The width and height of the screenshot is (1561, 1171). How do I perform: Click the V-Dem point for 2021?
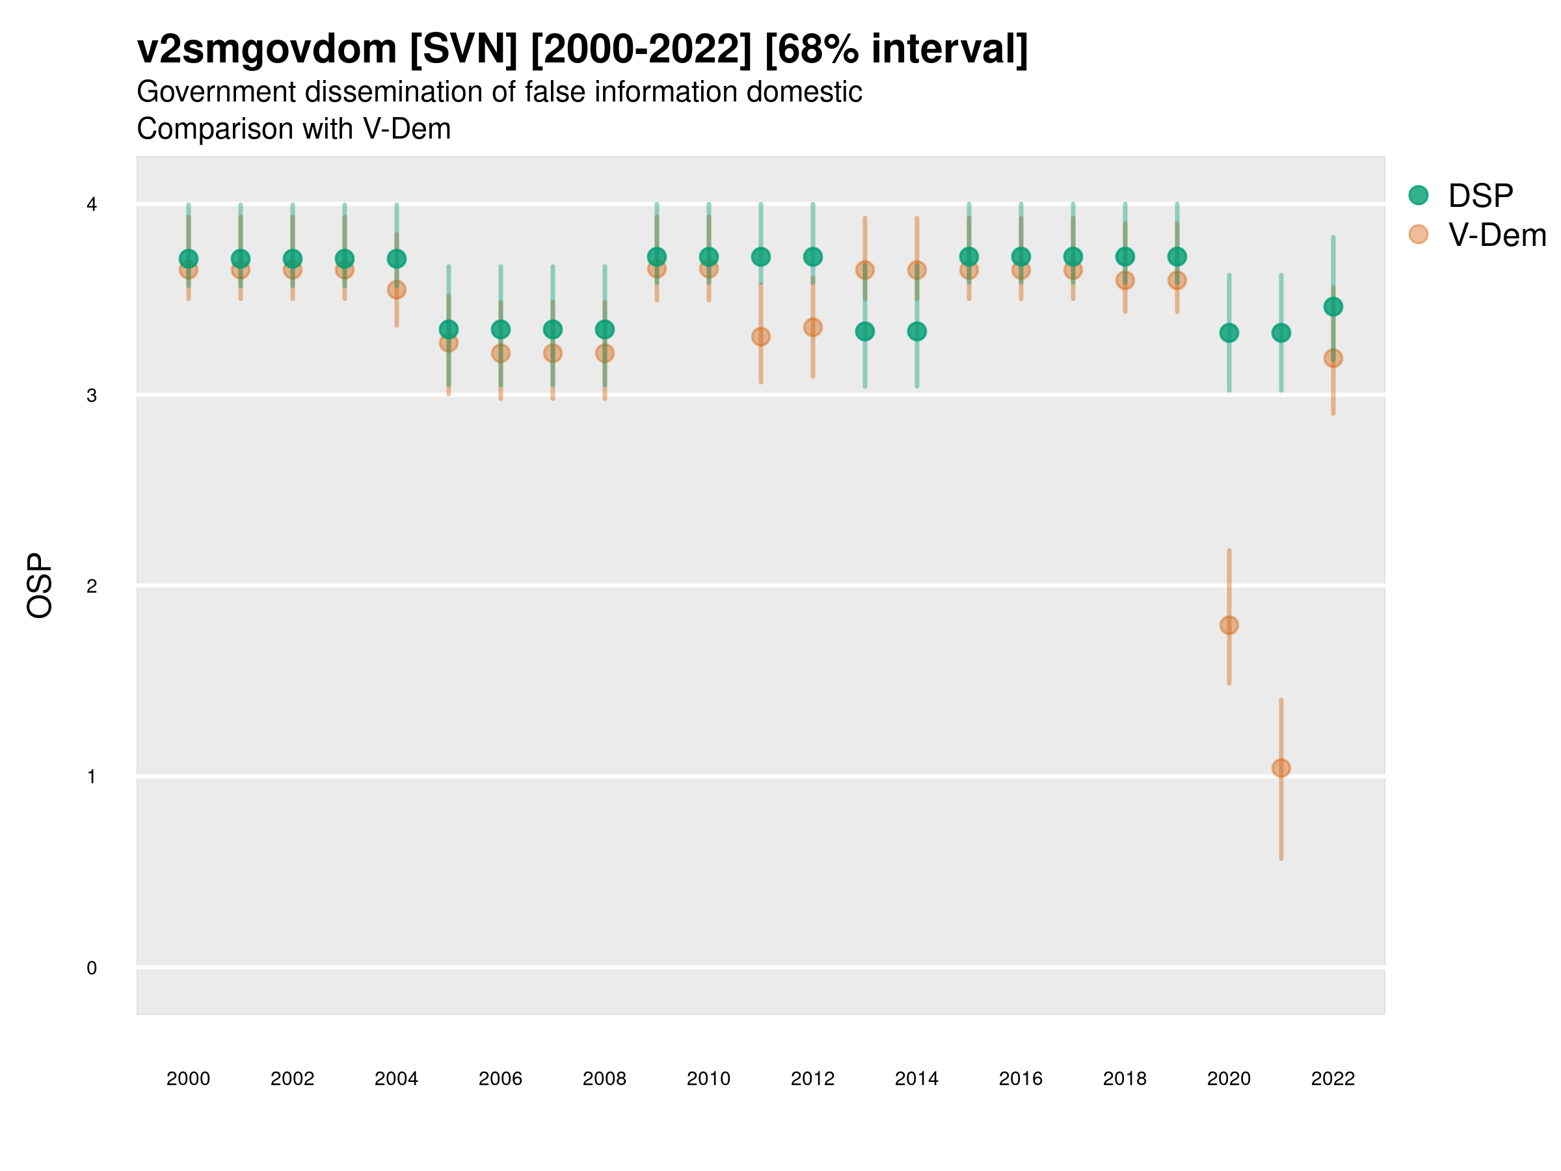click(x=1281, y=768)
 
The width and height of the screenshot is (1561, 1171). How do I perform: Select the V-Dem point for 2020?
click(x=1229, y=625)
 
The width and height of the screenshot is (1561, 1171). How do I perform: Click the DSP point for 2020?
click(x=1229, y=332)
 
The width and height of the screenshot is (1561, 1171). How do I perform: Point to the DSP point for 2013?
click(x=864, y=331)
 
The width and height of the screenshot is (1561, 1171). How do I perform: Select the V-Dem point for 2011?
click(x=761, y=337)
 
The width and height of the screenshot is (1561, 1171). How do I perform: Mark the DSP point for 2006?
click(x=500, y=330)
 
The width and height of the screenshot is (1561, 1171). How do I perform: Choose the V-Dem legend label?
click(x=1497, y=235)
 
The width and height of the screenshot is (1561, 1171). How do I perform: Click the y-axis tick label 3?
click(x=92, y=396)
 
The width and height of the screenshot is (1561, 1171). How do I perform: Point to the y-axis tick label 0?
click(x=92, y=968)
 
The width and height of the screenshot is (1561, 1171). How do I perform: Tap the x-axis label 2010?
click(x=708, y=1079)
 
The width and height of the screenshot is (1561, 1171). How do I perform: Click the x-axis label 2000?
click(x=189, y=1079)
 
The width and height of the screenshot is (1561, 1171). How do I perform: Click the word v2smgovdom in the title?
click(x=267, y=49)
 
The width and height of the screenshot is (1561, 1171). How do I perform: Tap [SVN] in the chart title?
click(x=464, y=49)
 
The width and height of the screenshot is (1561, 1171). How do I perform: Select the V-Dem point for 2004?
click(x=397, y=290)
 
